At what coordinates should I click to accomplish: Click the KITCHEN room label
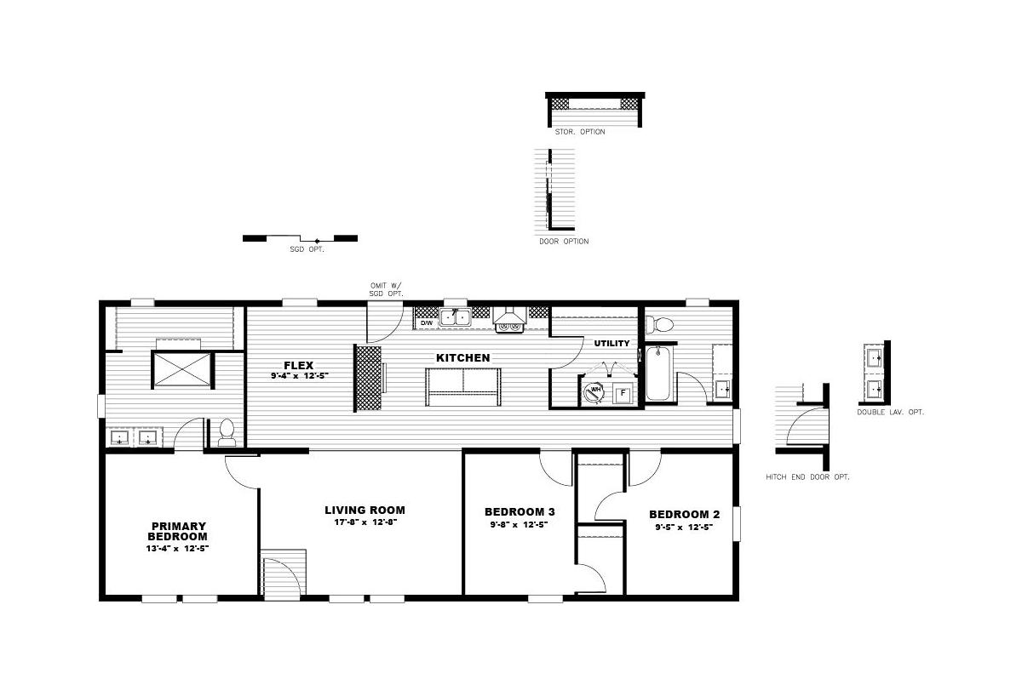click(463, 358)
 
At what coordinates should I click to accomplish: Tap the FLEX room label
click(299, 366)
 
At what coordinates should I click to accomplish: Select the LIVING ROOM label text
click(365, 510)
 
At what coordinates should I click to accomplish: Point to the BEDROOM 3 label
click(520, 512)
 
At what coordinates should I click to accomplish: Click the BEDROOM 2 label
click(685, 515)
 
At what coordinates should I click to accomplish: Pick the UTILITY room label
click(611, 343)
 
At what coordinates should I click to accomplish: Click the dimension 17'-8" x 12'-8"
click(366, 522)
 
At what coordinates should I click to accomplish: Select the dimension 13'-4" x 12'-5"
click(177, 548)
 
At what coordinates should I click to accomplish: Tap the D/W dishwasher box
click(427, 322)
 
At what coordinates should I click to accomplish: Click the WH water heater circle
click(595, 392)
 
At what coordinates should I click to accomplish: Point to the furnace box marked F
click(623, 393)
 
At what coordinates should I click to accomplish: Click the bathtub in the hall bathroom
click(659, 374)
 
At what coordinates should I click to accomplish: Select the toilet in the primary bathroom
click(227, 432)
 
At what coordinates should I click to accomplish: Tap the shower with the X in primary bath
click(182, 369)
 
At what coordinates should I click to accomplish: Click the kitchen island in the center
click(463, 387)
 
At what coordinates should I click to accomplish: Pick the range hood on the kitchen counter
click(509, 320)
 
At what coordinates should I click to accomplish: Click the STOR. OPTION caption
click(580, 132)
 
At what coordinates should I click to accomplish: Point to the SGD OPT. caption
click(307, 249)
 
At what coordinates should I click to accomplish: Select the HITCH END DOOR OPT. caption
click(807, 477)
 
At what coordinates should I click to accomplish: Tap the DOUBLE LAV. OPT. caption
click(890, 412)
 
